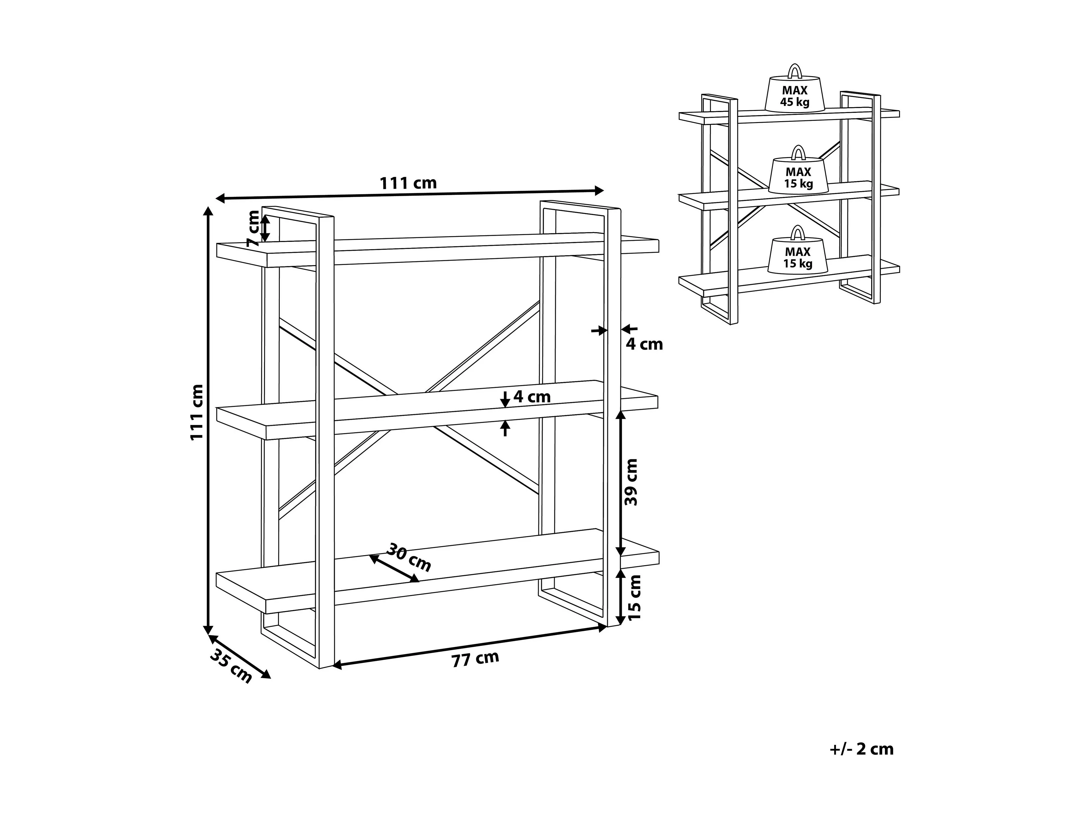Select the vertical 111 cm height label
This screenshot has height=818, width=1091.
(197, 412)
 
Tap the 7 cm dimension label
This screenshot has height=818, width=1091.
(253, 228)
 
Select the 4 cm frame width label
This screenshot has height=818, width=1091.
(644, 344)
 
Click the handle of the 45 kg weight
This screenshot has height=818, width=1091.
(795, 72)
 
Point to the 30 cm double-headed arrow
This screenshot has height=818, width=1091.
(394, 568)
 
